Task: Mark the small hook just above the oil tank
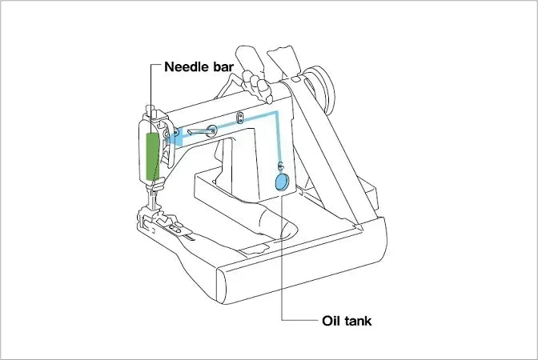point(279,166)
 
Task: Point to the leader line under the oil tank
point(281,256)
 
